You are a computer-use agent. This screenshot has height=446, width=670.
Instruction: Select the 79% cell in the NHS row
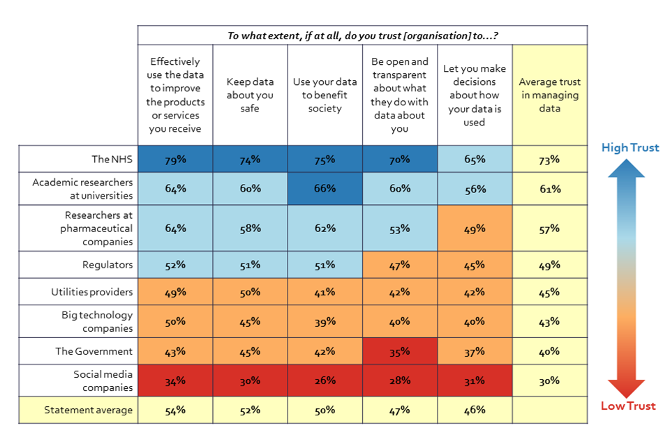point(175,159)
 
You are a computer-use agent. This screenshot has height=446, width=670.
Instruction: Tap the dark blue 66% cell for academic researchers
point(325,188)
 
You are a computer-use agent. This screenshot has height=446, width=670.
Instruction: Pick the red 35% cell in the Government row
point(400,351)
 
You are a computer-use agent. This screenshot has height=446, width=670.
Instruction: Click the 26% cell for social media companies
point(325,380)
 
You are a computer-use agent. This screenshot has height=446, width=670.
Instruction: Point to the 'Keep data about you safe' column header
point(249,95)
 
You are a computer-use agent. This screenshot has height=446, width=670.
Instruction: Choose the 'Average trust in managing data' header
point(549,95)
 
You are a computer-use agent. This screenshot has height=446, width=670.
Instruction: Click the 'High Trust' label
point(630,148)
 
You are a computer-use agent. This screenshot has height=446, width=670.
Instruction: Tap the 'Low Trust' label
point(629,406)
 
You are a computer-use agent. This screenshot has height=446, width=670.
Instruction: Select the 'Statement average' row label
point(88,410)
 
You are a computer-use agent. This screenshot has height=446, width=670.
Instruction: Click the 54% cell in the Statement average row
point(175,410)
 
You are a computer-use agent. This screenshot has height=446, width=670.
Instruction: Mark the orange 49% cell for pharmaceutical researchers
point(475,228)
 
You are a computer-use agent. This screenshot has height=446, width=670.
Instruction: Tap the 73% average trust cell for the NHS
point(549,159)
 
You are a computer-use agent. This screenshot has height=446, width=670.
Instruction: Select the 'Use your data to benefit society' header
point(325,95)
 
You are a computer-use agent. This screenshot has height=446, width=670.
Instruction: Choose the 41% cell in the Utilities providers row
point(325,292)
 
